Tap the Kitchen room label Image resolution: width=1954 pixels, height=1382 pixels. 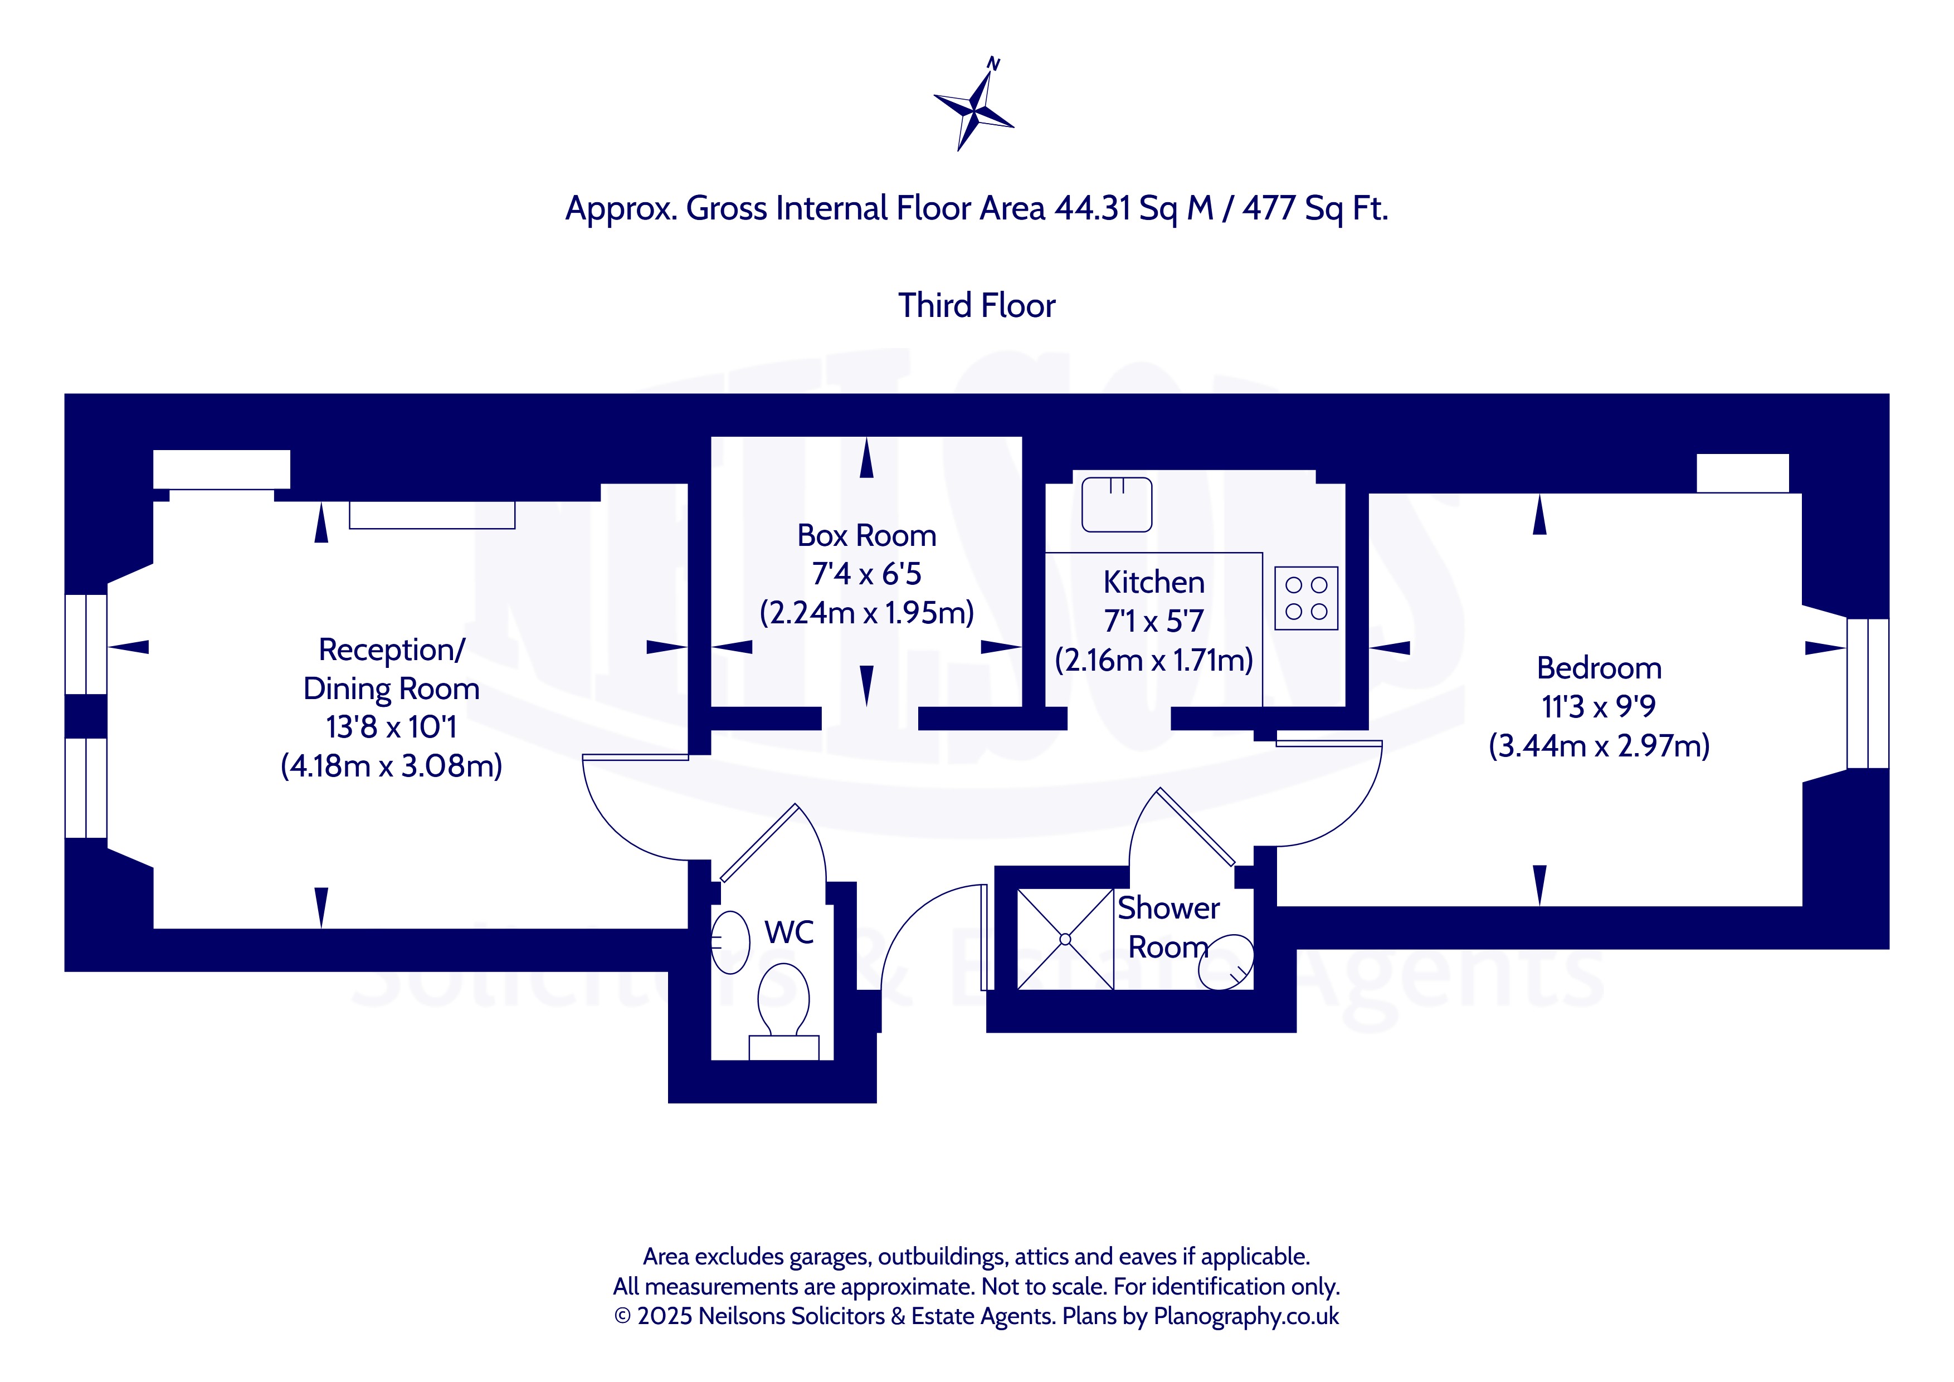coord(1153,582)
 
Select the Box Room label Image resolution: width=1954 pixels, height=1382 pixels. coord(866,535)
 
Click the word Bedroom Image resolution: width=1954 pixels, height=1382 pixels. coord(1599,668)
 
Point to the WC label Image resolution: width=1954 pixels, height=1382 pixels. coord(789,932)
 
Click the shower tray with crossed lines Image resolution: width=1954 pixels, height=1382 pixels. coord(1065,940)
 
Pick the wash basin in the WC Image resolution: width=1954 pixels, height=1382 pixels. coord(729,942)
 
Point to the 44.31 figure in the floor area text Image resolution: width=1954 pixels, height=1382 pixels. coord(1092,208)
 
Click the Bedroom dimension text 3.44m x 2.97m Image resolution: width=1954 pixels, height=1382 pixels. coord(1599,745)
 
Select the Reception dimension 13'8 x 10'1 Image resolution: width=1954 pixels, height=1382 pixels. coord(392,727)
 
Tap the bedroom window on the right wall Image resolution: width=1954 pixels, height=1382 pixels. coord(1867,694)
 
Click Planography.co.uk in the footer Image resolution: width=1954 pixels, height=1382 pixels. coord(1245,1316)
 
